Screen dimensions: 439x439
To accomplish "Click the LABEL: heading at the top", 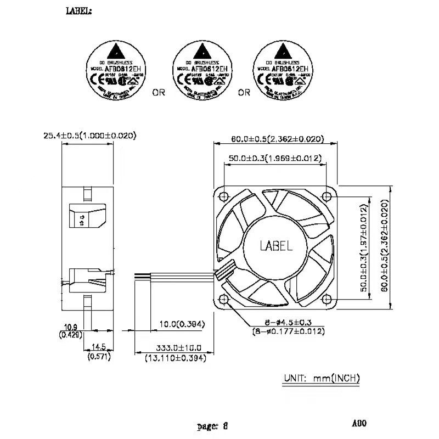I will [79, 10].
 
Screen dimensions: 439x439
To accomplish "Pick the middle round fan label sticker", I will [200, 71].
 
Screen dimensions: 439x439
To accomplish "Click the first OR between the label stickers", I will [158, 93].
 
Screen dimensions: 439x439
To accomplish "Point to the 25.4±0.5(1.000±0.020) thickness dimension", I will [89, 136].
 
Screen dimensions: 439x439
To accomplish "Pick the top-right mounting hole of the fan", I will [327, 195].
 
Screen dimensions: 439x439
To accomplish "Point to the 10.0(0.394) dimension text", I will [181, 324].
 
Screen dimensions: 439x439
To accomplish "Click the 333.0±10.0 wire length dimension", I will [175, 348].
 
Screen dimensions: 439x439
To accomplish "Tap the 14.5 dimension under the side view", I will [98, 347].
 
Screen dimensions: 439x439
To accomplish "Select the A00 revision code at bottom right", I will [359, 423].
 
